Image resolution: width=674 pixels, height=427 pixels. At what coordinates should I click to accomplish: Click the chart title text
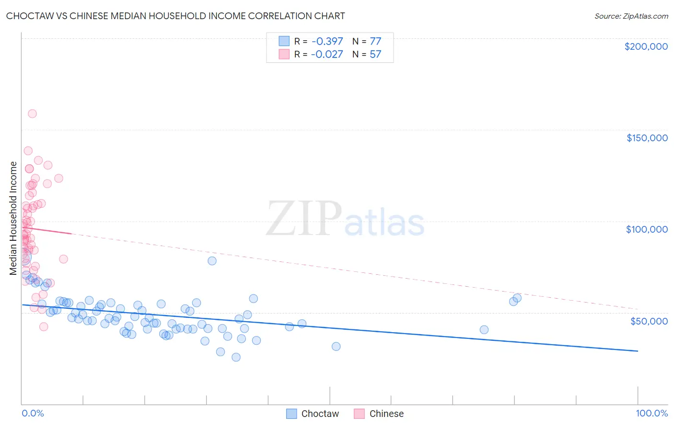[175, 16]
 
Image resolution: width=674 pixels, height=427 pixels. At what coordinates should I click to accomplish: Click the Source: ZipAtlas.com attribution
[631, 16]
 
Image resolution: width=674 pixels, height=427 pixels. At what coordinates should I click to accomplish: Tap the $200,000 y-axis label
[646, 46]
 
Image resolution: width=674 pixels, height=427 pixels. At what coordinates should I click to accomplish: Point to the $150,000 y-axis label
[647, 138]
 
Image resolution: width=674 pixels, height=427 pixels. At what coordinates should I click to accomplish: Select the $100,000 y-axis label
[647, 229]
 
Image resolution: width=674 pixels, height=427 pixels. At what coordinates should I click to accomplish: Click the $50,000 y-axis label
[649, 321]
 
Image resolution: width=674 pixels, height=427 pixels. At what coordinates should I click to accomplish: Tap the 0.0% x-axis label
[33, 413]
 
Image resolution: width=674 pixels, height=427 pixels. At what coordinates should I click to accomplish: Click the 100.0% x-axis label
[651, 413]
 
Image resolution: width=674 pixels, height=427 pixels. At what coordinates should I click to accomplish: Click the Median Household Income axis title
[13, 218]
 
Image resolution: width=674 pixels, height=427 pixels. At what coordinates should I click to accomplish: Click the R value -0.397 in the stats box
[327, 41]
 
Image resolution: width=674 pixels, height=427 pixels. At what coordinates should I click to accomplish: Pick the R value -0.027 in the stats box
[327, 54]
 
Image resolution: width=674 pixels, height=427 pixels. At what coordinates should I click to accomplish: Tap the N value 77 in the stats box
[375, 41]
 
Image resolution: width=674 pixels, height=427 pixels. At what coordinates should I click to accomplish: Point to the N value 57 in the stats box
[375, 54]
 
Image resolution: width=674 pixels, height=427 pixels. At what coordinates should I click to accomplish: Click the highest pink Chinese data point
[32, 113]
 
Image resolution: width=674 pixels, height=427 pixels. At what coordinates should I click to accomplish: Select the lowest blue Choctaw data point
[236, 357]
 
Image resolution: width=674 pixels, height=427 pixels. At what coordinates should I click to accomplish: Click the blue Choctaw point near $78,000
[212, 261]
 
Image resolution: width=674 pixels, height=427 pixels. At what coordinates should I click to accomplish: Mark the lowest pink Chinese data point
[44, 326]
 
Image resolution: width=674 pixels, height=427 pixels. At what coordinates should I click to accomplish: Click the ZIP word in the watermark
[304, 219]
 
